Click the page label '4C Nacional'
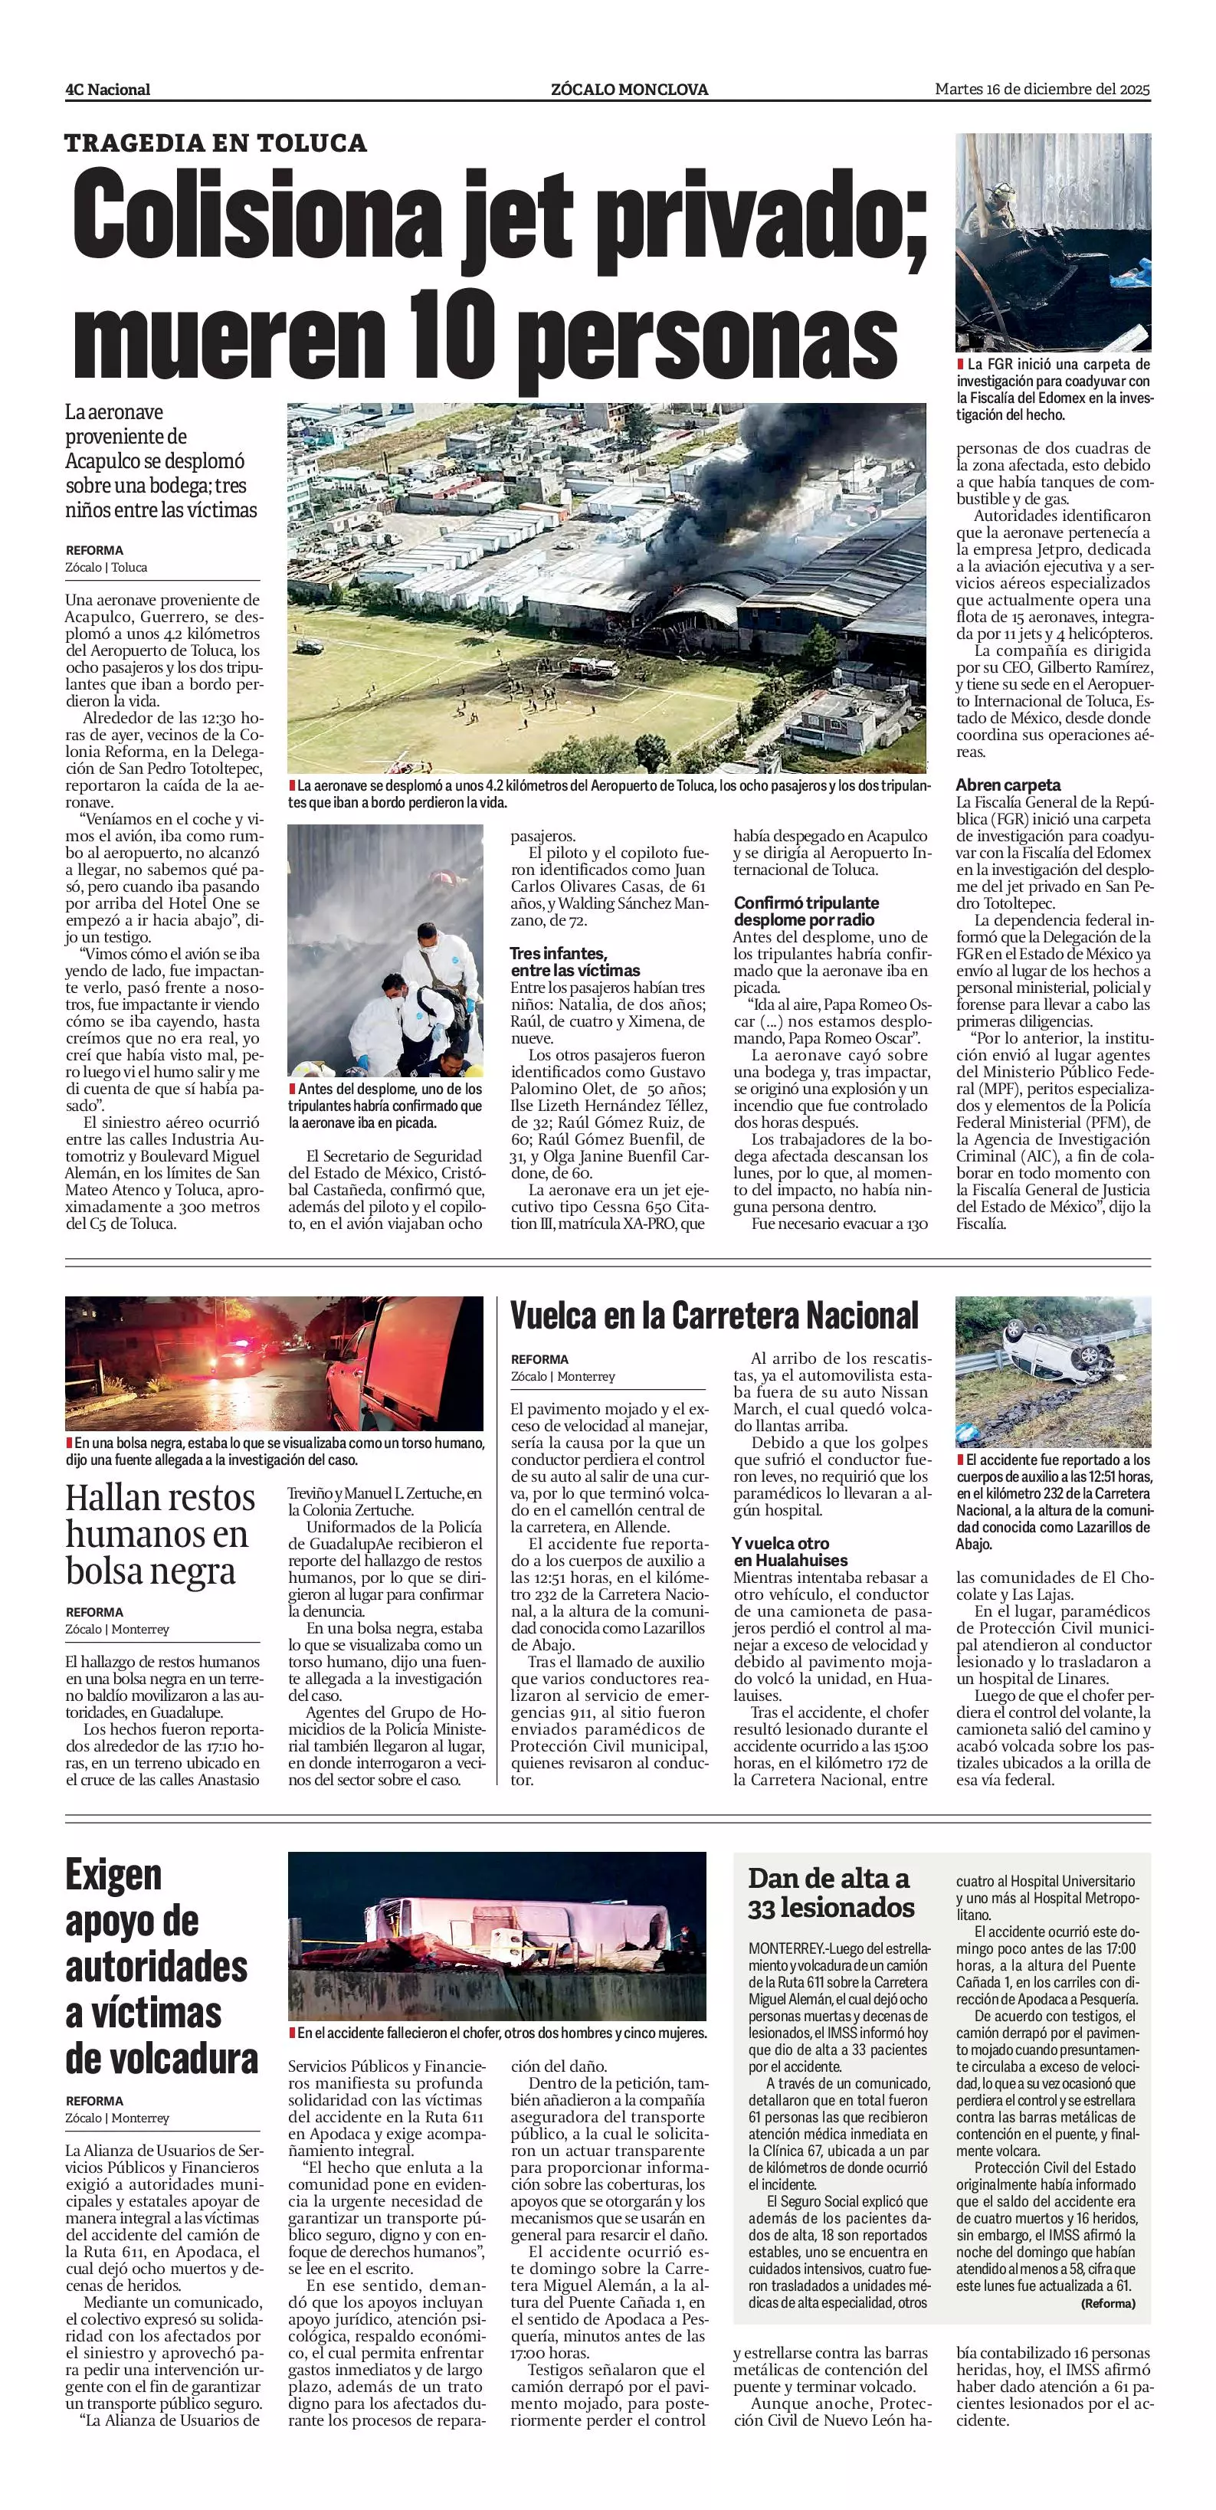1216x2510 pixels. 107,90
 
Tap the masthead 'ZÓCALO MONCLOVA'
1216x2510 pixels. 628,90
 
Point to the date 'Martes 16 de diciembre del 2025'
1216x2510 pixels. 1043,89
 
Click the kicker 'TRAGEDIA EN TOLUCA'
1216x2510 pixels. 215,143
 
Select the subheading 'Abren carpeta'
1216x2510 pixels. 1008,785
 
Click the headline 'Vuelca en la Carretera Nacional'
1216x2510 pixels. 714,1316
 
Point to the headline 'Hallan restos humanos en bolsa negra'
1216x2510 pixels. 159,1534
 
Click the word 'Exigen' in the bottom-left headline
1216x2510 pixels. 113,1875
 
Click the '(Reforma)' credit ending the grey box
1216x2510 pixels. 1108,2303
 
